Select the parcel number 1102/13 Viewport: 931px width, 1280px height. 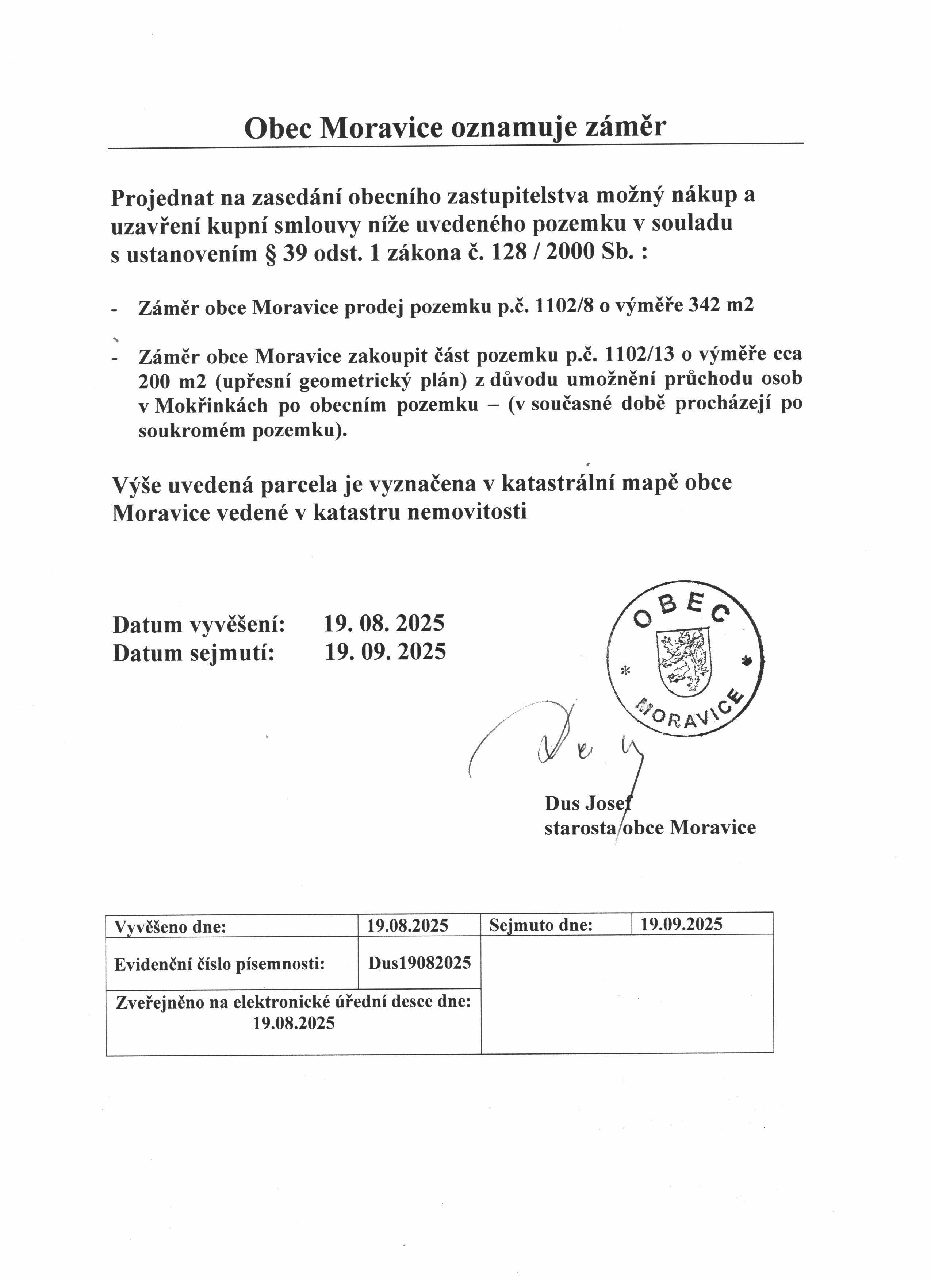coord(640,355)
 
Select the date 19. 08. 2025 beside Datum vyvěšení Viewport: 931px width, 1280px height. coord(384,623)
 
